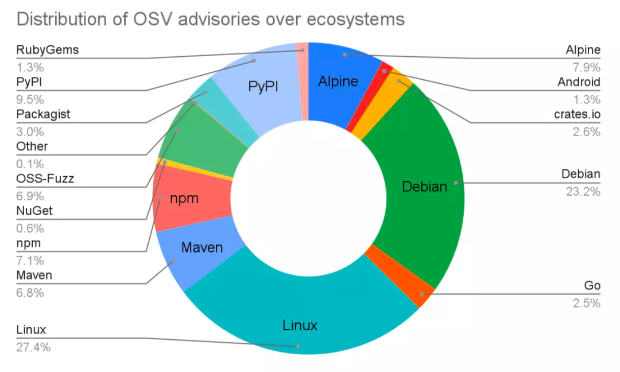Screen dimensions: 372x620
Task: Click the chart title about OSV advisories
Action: point(210,19)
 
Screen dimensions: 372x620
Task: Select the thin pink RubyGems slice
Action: point(303,50)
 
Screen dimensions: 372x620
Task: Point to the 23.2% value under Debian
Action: point(582,191)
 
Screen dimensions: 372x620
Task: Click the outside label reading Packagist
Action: point(43,114)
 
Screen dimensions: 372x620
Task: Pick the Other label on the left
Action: point(32,146)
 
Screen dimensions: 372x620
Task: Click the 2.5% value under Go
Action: point(586,303)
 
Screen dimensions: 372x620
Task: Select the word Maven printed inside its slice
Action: point(201,248)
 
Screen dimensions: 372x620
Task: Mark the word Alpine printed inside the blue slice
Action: point(338,82)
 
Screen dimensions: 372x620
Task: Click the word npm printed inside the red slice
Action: point(184,199)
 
